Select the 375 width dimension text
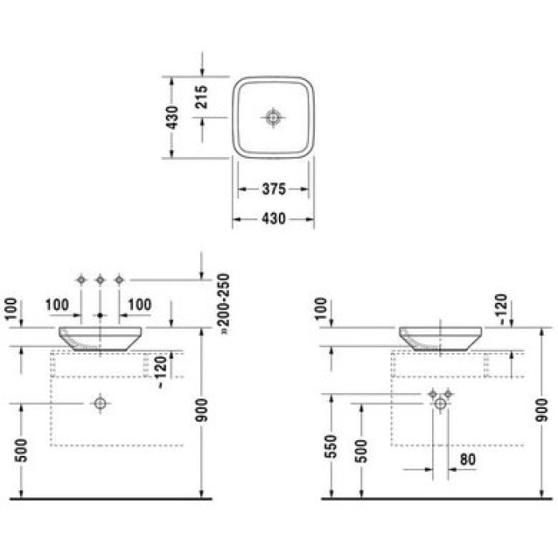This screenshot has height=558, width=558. [274, 190]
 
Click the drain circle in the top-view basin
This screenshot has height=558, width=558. [273, 117]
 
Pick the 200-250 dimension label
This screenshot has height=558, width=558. [224, 301]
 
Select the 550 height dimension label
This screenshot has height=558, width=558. [332, 450]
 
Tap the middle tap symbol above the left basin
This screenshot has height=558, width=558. [100, 279]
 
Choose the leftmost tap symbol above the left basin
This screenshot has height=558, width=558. [81, 279]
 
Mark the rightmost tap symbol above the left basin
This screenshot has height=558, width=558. [119, 279]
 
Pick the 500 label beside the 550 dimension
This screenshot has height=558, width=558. [362, 450]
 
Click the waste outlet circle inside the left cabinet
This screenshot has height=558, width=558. [100, 403]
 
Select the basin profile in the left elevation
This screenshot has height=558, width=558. [100, 338]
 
